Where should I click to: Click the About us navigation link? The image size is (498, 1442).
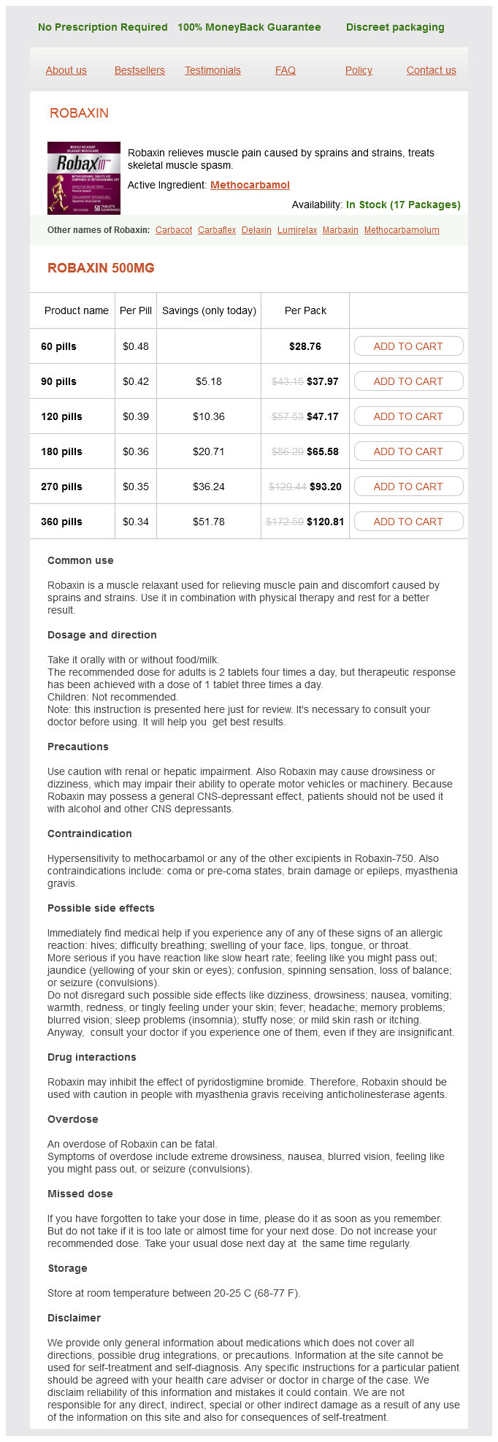66,70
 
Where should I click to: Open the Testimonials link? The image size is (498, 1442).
212,70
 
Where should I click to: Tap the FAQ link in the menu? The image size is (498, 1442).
286,70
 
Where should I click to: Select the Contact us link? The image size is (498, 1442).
431,70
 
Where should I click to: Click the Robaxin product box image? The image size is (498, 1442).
84,178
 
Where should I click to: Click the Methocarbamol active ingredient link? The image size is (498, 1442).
250,185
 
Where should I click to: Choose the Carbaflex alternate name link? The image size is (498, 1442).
217,230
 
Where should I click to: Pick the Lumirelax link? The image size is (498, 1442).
297,230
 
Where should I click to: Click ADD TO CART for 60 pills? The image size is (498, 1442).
408,346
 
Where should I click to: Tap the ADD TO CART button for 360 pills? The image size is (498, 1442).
408,522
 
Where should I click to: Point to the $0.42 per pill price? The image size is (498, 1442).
136,381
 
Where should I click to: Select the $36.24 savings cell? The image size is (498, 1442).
209,487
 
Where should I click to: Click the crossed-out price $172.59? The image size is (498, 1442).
285,522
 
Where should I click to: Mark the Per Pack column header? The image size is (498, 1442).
305,310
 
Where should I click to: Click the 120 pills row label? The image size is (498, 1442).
61,416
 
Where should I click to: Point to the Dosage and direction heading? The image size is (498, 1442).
102,635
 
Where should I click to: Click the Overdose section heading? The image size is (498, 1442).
72,1119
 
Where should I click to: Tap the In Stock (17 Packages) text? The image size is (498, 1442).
403,205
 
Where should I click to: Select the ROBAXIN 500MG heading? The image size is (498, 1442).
101,268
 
